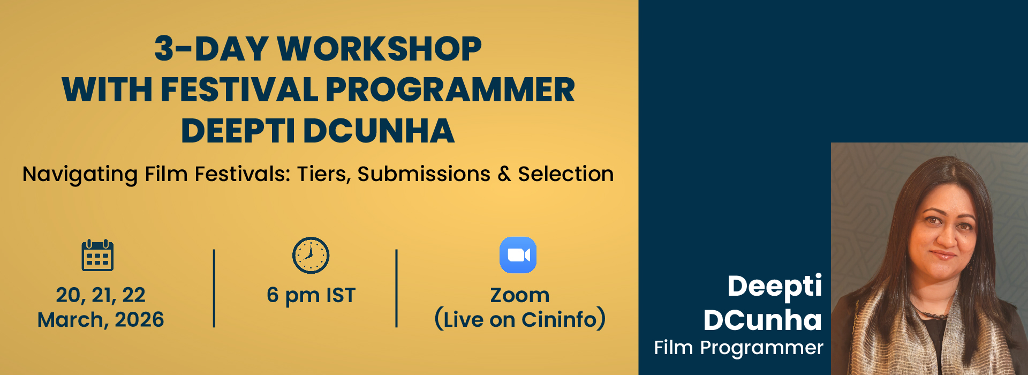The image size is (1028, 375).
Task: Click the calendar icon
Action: (97, 255)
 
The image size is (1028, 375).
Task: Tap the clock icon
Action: (311, 255)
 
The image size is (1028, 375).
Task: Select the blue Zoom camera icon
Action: (518, 255)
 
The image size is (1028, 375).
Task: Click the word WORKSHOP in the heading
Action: (379, 49)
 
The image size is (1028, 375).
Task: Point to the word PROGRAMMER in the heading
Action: (450, 89)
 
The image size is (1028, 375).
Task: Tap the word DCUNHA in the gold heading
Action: (379, 131)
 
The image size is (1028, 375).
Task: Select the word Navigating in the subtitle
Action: (80, 175)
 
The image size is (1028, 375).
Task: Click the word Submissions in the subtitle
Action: (424, 174)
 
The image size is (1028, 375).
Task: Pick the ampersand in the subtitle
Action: (504, 174)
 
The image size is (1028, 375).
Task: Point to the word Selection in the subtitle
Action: (566, 174)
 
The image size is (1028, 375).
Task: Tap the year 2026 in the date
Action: (139, 320)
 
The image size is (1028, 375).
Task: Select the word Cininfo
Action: (559, 320)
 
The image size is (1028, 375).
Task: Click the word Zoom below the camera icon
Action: (520, 295)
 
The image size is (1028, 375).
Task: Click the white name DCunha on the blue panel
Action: (762, 320)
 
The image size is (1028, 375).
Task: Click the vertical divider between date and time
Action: (214, 288)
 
